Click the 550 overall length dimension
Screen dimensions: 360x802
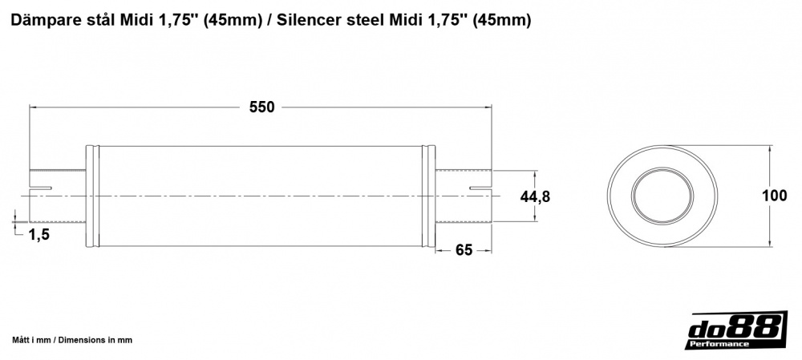[x=261, y=107]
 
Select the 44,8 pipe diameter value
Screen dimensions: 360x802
[x=535, y=196]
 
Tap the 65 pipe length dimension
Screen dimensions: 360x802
[x=463, y=249]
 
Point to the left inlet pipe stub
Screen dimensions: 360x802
[x=58, y=196]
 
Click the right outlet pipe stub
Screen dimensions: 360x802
[x=464, y=196]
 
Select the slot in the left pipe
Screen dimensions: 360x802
[x=40, y=188]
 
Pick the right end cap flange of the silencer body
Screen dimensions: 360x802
[x=430, y=196]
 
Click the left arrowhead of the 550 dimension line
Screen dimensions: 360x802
[x=34, y=107]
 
